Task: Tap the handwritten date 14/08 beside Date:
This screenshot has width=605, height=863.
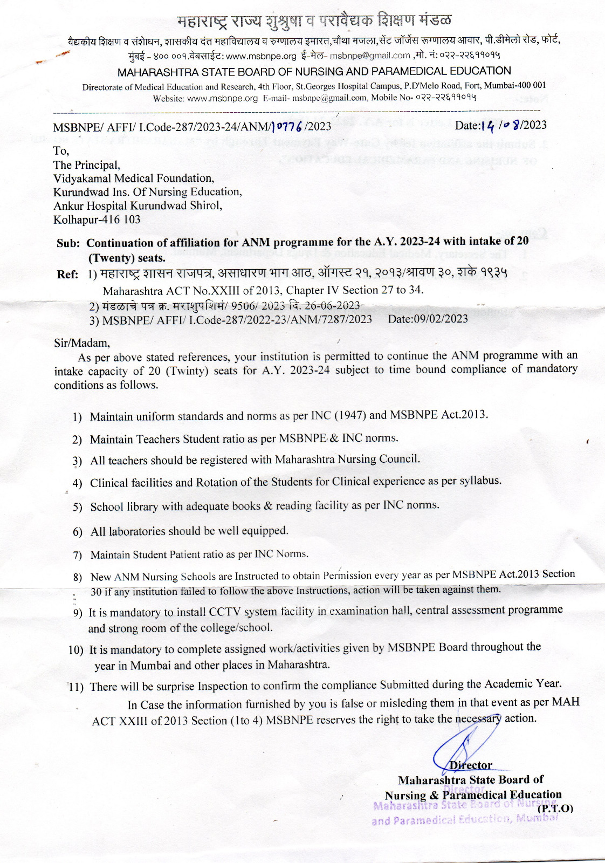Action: (x=501, y=125)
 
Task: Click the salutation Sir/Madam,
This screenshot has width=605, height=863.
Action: (x=82, y=343)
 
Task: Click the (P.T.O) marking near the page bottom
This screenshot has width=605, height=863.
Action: (x=555, y=808)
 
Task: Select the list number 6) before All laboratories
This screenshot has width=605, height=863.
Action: (x=78, y=532)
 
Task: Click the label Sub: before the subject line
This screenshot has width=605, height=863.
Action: (x=68, y=243)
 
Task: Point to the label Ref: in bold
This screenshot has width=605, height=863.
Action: (x=68, y=275)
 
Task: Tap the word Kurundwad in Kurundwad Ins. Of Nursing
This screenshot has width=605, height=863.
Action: (x=79, y=192)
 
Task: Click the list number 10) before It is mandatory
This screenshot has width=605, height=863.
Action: (x=76, y=650)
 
